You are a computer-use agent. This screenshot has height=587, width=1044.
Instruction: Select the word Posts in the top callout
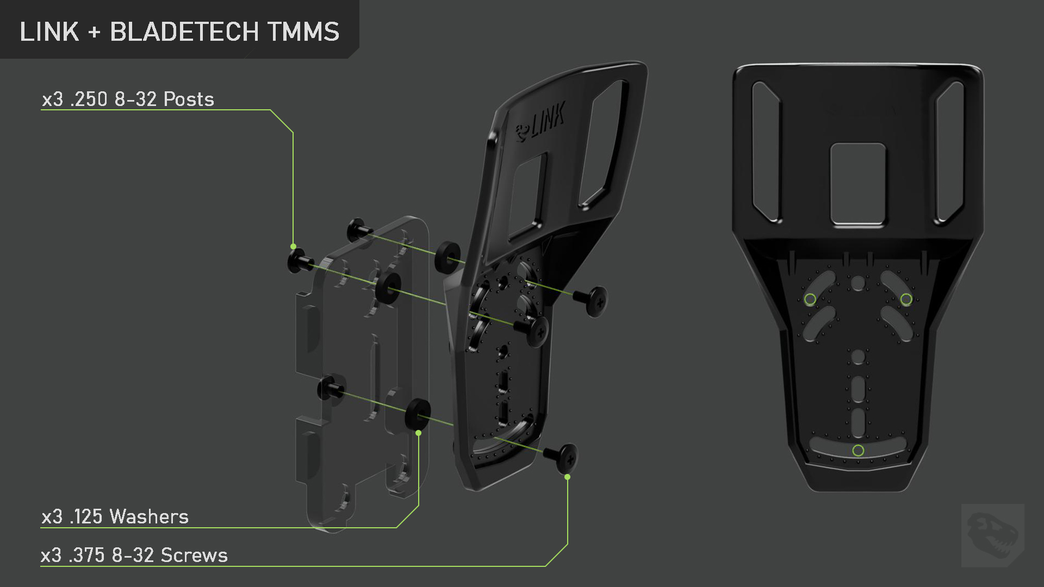click(189, 99)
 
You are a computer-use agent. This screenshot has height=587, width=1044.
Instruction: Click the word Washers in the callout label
click(149, 516)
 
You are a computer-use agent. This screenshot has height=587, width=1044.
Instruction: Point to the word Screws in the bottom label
click(194, 555)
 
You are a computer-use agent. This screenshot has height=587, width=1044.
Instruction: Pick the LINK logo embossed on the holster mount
click(540, 122)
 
